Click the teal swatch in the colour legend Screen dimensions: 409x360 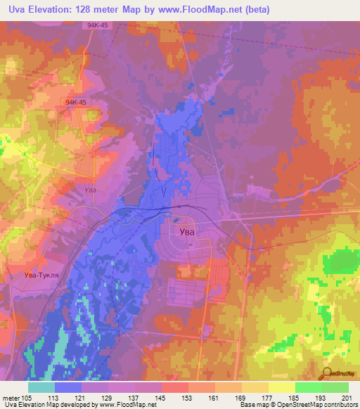pyautogui.click(x=41, y=387)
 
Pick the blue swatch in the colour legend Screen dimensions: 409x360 pyautogui.click(x=68, y=387)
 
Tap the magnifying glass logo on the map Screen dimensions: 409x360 pyautogui.click(x=328, y=374)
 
